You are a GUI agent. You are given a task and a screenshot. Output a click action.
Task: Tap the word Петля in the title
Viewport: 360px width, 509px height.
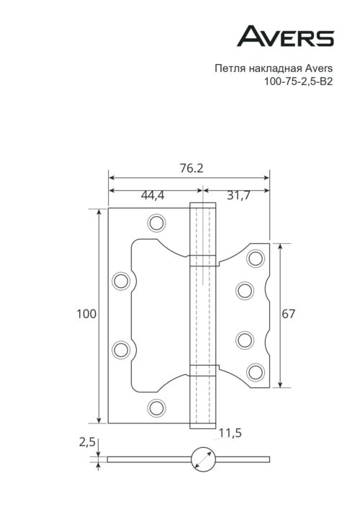[229, 69]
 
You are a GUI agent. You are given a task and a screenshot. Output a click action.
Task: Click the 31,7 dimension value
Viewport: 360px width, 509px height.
[236, 195]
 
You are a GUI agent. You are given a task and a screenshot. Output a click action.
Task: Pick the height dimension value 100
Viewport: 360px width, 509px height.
[86, 314]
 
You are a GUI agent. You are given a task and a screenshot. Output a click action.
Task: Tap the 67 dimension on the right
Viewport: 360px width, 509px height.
[289, 314]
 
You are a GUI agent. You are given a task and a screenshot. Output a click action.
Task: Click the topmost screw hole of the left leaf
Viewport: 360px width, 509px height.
[156, 223]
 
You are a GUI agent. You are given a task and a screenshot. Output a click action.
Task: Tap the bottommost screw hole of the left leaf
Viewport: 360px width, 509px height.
[156, 407]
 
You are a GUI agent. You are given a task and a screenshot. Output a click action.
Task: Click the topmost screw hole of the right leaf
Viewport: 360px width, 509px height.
[254, 258]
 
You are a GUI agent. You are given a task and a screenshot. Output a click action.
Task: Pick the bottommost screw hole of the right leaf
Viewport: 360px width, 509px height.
[254, 371]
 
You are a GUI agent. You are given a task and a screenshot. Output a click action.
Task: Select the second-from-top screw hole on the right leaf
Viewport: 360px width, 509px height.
[246, 290]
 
